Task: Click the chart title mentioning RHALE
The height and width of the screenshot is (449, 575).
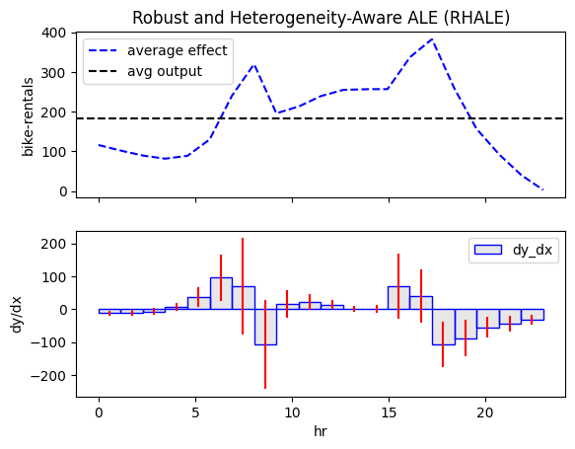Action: [x=321, y=18]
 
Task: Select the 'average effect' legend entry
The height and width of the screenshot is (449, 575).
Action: [x=158, y=50]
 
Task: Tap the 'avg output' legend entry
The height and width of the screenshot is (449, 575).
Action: [x=145, y=71]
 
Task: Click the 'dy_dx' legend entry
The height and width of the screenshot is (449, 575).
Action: [x=514, y=250]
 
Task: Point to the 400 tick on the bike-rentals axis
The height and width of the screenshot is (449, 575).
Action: [x=53, y=33]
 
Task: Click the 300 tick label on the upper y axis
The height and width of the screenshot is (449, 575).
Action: [x=53, y=73]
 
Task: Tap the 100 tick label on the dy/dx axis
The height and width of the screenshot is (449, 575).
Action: [x=53, y=277]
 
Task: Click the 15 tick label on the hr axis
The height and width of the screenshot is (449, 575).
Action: [x=389, y=413]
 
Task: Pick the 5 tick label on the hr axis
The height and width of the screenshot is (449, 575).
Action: [x=195, y=413]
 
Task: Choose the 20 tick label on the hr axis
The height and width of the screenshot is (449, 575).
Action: [x=485, y=413]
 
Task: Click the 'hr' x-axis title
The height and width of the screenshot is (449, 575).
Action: [x=321, y=431]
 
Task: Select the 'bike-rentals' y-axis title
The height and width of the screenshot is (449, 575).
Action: [x=28, y=116]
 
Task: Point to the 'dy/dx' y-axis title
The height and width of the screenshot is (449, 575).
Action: [x=17, y=315]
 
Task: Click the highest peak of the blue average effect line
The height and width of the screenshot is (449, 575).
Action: [x=433, y=38]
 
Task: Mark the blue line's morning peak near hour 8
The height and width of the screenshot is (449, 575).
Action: [x=254, y=65]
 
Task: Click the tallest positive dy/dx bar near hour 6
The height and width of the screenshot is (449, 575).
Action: [x=221, y=293]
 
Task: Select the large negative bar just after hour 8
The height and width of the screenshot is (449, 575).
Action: [x=265, y=328]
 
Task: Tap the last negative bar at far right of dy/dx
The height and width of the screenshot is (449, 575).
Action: [x=533, y=315]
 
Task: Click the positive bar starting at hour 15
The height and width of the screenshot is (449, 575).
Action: [x=399, y=298]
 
